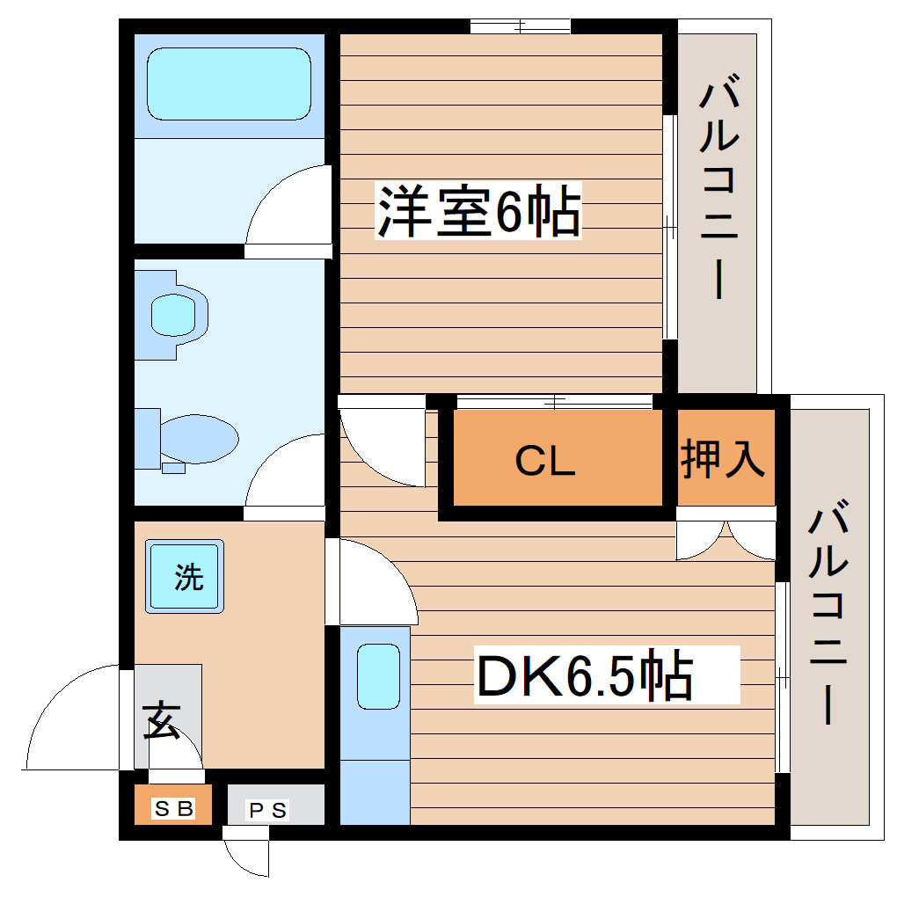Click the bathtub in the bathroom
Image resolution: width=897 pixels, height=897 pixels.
pyautogui.click(x=229, y=84)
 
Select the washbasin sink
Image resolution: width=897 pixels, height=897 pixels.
pyautogui.click(x=173, y=312)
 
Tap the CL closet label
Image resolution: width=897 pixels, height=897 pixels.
pyautogui.click(x=545, y=460)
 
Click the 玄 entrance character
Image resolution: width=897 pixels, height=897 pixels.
pyautogui.click(x=162, y=721)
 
